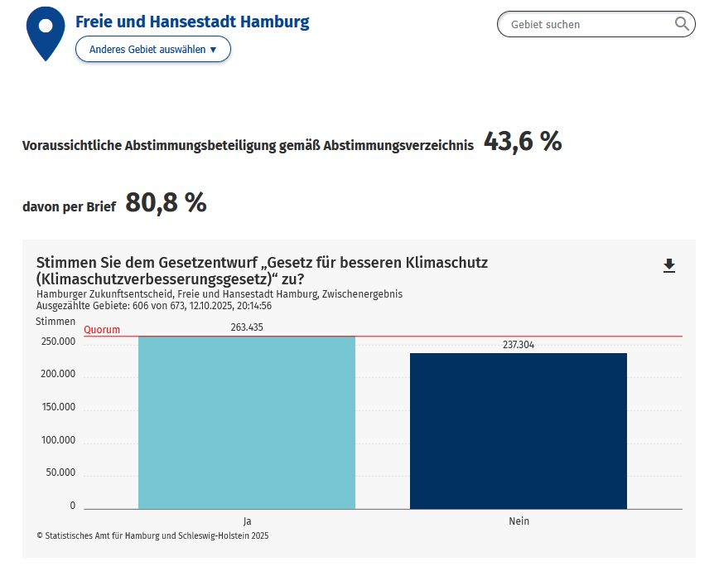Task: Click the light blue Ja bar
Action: [246, 422]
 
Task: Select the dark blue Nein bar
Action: [518, 431]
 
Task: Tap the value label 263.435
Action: [247, 327]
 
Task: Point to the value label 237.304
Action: [519, 345]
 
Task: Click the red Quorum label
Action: [102, 330]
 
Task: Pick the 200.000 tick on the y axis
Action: [58, 374]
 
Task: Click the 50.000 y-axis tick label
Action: [60, 472]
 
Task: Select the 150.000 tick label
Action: [58, 407]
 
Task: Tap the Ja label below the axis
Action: [247, 521]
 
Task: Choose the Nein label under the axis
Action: [519, 521]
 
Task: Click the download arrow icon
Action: [669, 265]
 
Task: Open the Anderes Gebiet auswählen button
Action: [152, 50]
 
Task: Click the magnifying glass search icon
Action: [683, 24]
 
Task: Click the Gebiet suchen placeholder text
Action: [546, 25]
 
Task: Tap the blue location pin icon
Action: [46, 31]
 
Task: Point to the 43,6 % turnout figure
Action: [523, 143]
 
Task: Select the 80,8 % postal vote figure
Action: [166, 202]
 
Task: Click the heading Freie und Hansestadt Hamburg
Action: [192, 22]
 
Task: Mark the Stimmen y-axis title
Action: [55, 321]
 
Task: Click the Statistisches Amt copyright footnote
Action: [152, 535]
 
